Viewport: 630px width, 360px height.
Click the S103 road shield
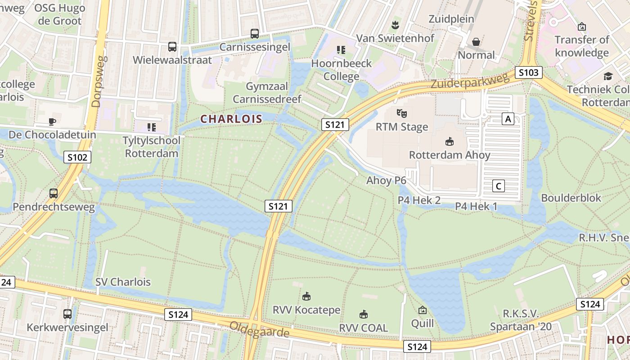point(529,72)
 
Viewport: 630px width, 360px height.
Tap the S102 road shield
point(77,157)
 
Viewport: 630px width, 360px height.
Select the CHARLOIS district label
point(231,119)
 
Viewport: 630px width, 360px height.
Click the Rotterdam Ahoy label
point(449,155)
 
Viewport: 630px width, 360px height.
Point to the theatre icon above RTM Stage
point(401,113)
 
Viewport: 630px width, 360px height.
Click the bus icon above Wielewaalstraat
point(172,46)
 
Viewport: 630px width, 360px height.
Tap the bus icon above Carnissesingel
point(255,33)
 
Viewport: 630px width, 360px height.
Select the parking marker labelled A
point(508,119)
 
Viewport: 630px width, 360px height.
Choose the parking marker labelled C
point(498,185)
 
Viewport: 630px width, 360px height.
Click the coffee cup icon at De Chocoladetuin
point(52,121)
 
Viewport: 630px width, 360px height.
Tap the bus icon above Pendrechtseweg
point(54,193)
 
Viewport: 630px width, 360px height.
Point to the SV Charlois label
point(123,282)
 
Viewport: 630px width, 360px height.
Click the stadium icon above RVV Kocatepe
point(306,296)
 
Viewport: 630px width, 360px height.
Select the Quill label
point(423,323)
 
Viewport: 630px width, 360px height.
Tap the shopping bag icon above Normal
point(476,42)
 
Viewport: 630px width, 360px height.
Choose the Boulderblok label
point(571,198)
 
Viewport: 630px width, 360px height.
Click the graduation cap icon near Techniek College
point(608,76)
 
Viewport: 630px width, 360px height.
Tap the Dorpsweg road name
point(98,81)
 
